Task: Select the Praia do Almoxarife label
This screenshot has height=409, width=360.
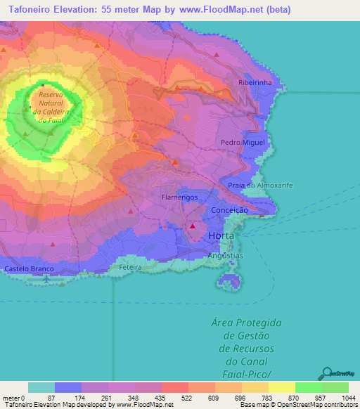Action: pos(260,185)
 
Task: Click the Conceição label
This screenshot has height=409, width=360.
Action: pos(230,210)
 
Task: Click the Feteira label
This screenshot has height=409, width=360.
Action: pos(131,268)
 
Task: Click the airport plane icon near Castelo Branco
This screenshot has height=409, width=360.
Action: pos(46,279)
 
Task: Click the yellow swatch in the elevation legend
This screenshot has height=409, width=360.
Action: pos(281,387)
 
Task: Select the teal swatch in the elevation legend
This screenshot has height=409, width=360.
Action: pos(41,387)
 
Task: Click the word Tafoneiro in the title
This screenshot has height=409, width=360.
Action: pos(32,10)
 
